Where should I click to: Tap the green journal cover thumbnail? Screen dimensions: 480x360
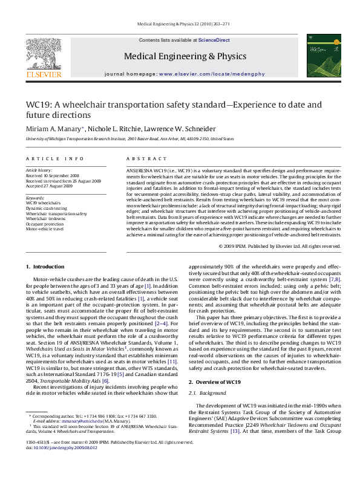(x=319, y=55)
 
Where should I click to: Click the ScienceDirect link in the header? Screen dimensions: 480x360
(x=215, y=40)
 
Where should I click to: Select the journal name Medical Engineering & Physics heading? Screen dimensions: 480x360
(x=177, y=56)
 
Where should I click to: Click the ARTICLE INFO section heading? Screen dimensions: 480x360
(x=54, y=158)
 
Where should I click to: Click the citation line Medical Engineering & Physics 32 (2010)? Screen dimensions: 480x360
(x=180, y=25)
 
